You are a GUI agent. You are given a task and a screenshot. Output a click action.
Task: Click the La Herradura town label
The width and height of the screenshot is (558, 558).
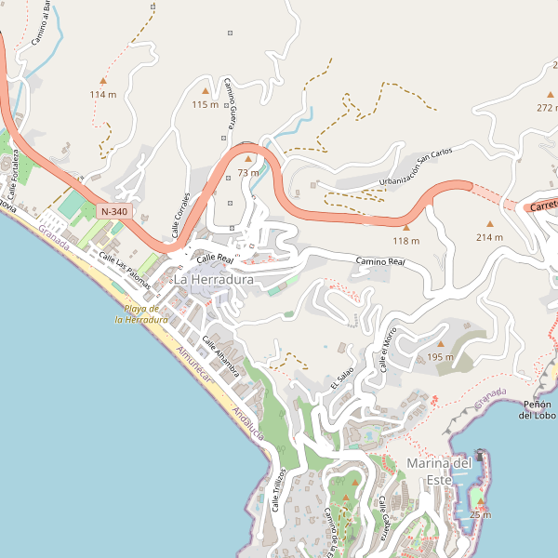click(214, 279)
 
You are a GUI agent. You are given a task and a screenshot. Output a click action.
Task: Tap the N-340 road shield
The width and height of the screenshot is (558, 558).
click(113, 212)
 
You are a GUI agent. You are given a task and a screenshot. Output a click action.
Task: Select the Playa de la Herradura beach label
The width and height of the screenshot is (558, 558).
click(140, 313)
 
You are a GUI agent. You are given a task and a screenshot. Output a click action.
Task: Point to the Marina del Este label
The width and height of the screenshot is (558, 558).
click(439, 472)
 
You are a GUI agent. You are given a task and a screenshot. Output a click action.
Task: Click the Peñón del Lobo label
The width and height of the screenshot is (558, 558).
click(538, 409)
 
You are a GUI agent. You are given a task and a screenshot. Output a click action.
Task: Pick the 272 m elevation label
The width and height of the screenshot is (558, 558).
click(546, 108)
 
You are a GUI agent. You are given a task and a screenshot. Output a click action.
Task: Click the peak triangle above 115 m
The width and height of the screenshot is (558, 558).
click(206, 90)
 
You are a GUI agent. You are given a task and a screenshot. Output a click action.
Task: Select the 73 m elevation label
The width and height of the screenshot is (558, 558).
click(248, 173)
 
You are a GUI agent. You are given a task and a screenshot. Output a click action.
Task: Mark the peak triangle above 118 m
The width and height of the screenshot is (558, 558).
click(405, 226)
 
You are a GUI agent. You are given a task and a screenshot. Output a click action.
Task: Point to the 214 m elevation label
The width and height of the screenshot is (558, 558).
click(489, 237)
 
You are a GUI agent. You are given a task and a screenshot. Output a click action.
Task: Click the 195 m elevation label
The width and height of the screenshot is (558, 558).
click(441, 357)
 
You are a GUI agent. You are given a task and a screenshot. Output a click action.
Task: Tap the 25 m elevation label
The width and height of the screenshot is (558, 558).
click(480, 515)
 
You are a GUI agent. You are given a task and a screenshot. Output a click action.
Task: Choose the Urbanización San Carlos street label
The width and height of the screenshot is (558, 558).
click(416, 166)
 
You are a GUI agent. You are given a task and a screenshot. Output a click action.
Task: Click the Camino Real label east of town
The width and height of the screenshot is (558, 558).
click(380, 264)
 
